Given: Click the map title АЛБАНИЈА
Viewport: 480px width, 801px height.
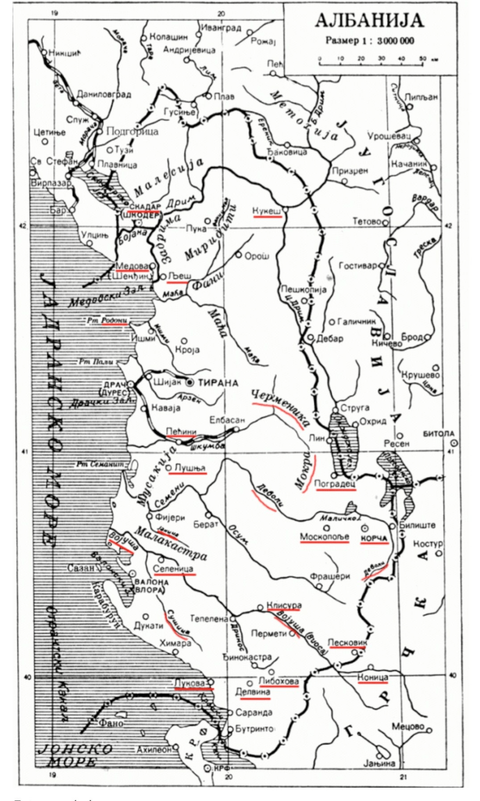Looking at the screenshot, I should pos(369,20).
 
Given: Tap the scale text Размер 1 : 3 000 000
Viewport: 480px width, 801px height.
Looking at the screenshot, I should pos(370,40).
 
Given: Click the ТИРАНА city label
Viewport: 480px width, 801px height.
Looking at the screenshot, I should pos(218,383).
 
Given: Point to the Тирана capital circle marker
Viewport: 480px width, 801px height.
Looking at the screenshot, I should pos(190,383).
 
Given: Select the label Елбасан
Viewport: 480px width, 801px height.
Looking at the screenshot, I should pos(227,419).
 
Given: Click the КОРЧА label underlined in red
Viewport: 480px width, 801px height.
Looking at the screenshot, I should pos(374,538).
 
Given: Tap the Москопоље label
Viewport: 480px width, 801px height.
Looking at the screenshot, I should pos(325,537).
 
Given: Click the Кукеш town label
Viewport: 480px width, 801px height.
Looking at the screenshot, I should pos(267,211).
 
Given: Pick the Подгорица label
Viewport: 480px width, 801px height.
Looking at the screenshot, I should pos(132,131).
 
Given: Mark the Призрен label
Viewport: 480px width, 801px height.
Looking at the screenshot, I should pos(350,171).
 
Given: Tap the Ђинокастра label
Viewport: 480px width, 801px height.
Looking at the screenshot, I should pos(247,657).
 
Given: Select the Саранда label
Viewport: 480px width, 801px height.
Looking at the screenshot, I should pos(254,712).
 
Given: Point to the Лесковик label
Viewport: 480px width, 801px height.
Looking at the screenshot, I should pos(347,642).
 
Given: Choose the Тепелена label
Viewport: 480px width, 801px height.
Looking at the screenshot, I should pos(209,619).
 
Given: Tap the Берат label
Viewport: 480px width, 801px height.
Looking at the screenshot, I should pos(206,524).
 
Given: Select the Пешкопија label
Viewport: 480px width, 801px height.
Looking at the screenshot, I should pos(303,289).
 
